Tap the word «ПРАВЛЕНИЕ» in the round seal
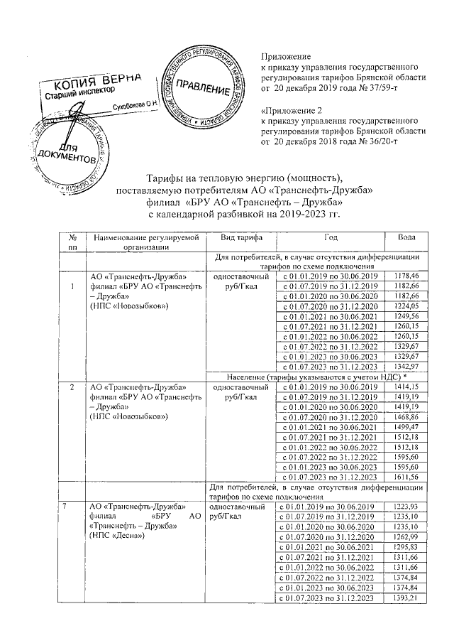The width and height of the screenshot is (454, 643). (x=202, y=88)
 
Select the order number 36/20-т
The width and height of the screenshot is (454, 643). (x=381, y=142)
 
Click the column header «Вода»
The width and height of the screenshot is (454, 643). (x=411, y=237)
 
